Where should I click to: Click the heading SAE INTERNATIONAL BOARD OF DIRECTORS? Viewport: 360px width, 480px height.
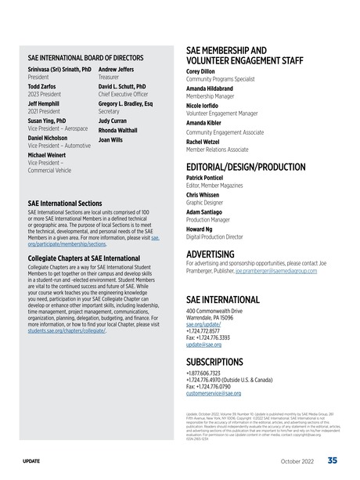[85, 58]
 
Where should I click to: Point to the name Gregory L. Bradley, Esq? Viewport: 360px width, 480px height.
[126, 104]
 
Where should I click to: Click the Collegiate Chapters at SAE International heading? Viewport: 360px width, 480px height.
[84, 258]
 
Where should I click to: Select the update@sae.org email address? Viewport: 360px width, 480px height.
[204, 344]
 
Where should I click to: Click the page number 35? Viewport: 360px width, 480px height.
[333, 460]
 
